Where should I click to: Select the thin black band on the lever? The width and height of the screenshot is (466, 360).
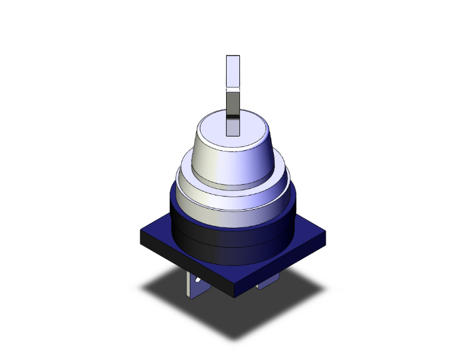pyautogui.click(x=232, y=116)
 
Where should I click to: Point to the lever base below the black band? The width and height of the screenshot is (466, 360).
pyautogui.click(x=232, y=127)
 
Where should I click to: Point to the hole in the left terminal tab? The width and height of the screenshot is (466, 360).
pyautogui.click(x=199, y=284)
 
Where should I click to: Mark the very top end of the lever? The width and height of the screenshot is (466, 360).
pyautogui.click(x=232, y=57)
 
